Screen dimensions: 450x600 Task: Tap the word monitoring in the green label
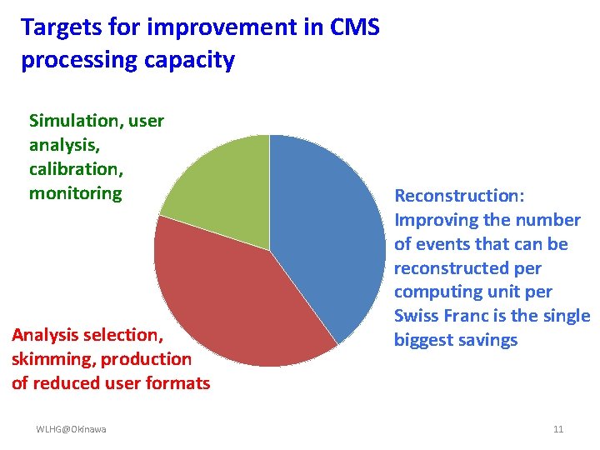75,193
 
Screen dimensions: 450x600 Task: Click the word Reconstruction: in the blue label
459,196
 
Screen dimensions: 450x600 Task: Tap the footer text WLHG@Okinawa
71,429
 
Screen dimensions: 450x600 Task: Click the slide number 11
557,429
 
